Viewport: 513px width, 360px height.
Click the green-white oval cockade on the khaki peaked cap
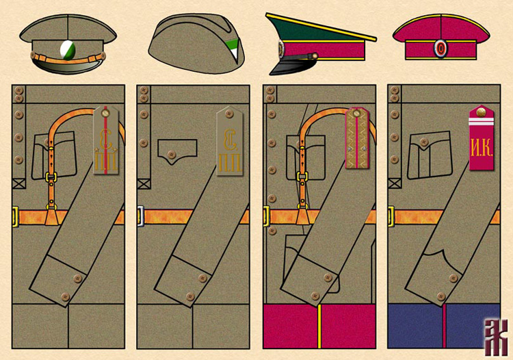pos(68,48)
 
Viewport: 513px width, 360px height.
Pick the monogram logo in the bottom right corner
pos(493,337)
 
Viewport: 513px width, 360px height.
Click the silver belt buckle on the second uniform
pos(140,217)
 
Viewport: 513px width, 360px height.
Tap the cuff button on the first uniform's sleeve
pos(77,278)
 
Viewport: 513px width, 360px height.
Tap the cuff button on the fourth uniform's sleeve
pos(453,278)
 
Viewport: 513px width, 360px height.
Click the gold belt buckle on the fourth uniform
pos(390,217)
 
